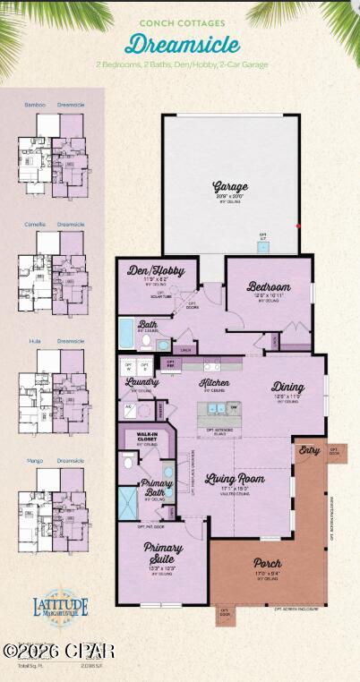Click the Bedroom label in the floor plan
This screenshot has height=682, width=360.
click(x=269, y=287)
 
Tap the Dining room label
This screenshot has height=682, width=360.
click(x=288, y=387)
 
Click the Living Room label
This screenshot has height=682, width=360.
click(x=235, y=479)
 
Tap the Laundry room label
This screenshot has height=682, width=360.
click(x=141, y=382)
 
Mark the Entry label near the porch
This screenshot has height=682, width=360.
click(x=310, y=450)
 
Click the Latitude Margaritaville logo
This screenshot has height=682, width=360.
click(x=62, y=608)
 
